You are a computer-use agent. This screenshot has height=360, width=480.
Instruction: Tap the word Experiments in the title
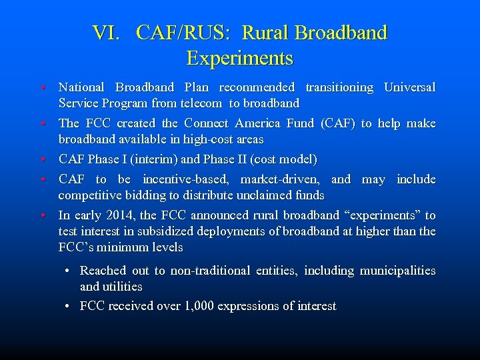tap(240, 59)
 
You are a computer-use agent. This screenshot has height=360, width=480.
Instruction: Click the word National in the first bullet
tap(81, 87)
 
